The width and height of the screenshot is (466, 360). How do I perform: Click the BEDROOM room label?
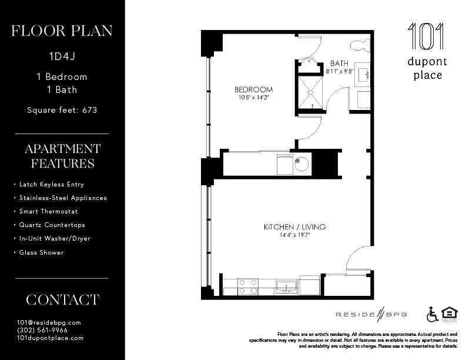coord(253,89)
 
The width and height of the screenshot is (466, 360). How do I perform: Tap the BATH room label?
coord(339,63)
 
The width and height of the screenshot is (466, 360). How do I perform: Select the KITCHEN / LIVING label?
coord(294,226)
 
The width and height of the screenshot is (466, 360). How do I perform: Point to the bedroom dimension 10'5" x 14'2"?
coord(253,98)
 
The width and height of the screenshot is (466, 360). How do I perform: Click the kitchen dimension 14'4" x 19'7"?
coord(294,235)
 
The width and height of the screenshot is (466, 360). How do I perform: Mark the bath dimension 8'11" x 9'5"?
coord(339,71)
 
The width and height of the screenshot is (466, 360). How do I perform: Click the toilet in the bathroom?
coord(358,45)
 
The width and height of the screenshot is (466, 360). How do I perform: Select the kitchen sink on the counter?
coord(286,286)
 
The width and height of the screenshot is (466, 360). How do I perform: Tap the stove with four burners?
coord(248,286)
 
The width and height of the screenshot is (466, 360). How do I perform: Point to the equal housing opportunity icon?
coord(448,314)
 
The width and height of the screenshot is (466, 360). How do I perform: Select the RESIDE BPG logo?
coord(371,314)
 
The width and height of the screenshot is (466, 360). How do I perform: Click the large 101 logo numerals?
coord(426,36)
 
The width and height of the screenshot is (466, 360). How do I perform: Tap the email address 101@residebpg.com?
coord(49,322)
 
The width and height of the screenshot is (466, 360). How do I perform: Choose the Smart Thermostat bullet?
coord(49,211)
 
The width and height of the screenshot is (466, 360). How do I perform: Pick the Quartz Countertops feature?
coord(52,225)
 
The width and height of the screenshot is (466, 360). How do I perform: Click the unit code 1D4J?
coord(62,57)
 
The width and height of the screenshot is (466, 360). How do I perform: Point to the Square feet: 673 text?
coord(62,109)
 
